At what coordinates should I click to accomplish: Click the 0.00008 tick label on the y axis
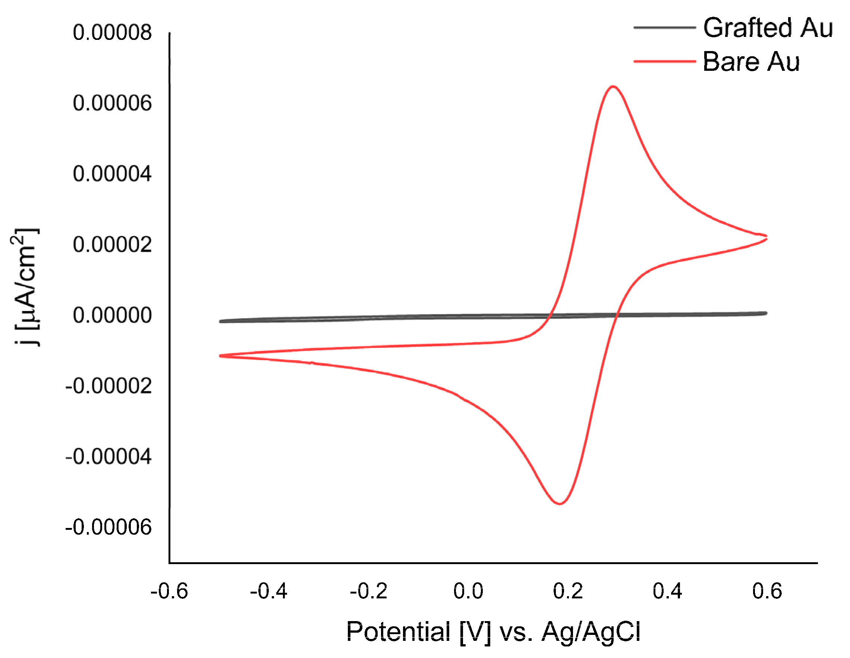[x=112, y=32]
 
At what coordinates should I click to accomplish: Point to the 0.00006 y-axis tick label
[x=112, y=104]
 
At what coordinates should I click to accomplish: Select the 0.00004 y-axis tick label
[x=112, y=174]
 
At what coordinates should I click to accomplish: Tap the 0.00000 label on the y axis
[x=112, y=315]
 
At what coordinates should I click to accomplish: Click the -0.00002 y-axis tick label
[x=108, y=386]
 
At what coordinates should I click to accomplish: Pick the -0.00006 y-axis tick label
[x=108, y=528]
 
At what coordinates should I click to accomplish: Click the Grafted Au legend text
[x=768, y=28]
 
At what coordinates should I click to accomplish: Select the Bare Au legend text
[x=751, y=62]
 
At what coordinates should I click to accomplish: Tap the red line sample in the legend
[x=664, y=61]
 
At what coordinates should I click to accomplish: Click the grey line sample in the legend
[x=664, y=28]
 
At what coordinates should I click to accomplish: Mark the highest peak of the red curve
[x=613, y=86]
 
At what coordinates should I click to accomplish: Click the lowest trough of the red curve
[x=560, y=504]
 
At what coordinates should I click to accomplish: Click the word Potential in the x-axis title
[x=398, y=632]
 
